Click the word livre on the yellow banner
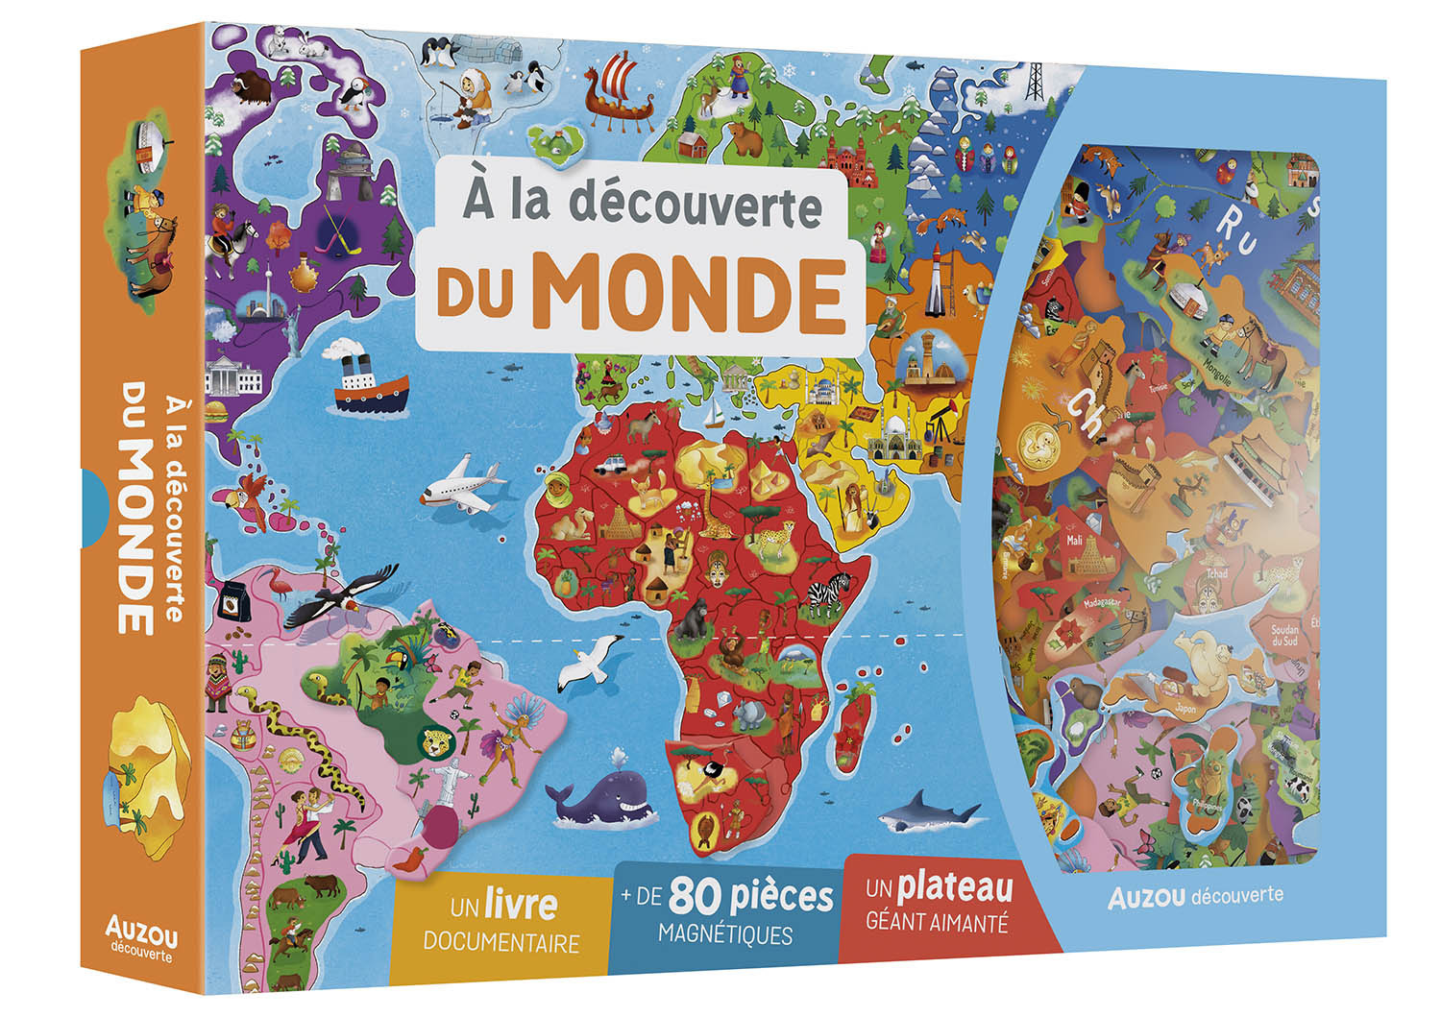pyautogui.click(x=520, y=905)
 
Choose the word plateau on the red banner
pyautogui.click(x=955, y=887)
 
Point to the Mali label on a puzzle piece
pyautogui.click(x=1074, y=541)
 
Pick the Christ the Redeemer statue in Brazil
pyautogui.click(x=445, y=777)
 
